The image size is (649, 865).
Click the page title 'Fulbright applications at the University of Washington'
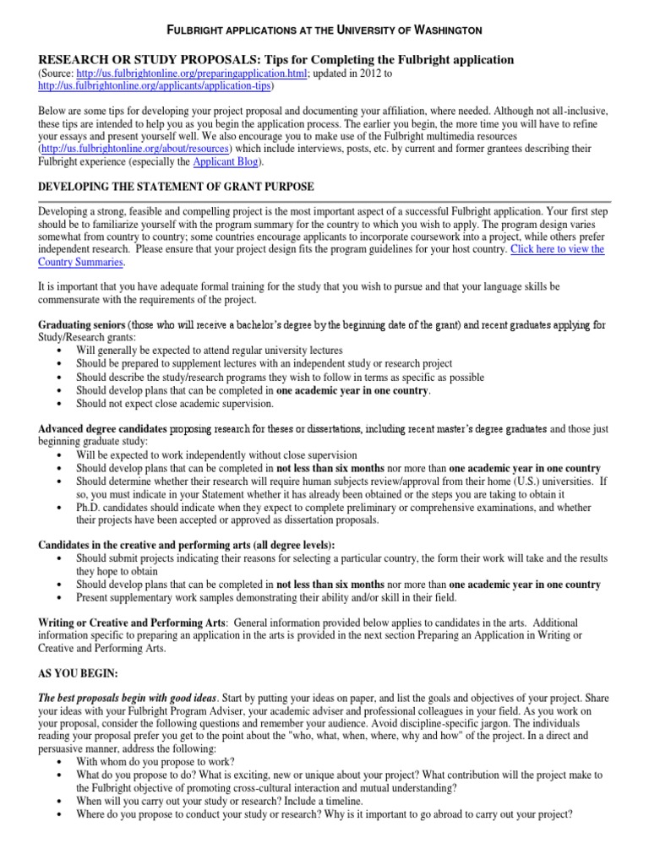[324, 30]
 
